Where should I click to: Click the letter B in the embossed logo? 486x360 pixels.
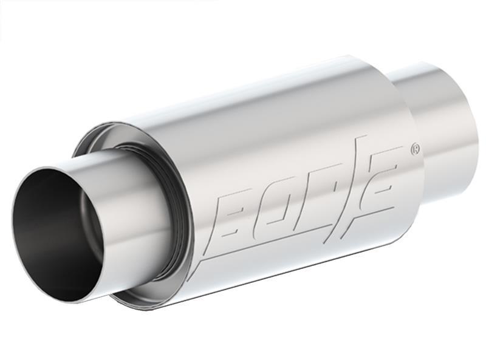(x=238, y=210)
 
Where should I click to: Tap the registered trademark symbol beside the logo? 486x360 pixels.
(x=416, y=148)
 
